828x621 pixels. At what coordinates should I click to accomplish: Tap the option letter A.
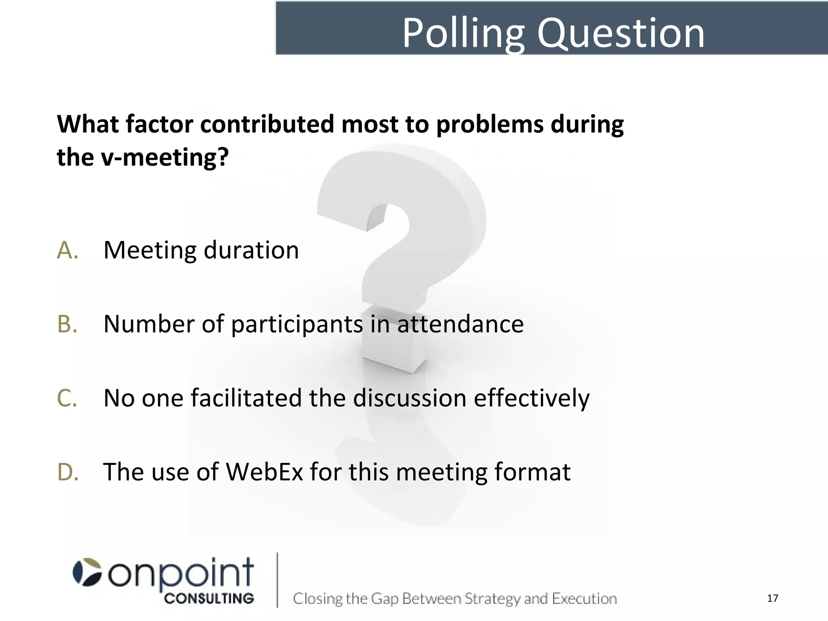coord(68,250)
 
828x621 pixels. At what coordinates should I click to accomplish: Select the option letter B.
coord(67,324)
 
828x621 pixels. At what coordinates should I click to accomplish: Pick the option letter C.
coord(67,398)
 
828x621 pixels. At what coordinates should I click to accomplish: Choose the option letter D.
coord(68,472)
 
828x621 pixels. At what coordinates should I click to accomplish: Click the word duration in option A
coord(251,250)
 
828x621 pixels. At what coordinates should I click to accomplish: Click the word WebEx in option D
coord(264,472)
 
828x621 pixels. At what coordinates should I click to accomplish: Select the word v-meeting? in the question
coord(165,157)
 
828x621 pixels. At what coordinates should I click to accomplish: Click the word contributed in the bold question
coord(267,124)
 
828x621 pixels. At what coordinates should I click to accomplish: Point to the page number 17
coord(772,598)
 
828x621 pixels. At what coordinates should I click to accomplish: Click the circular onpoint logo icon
coord(87,572)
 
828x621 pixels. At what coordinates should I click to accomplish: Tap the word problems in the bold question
coord(490,124)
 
